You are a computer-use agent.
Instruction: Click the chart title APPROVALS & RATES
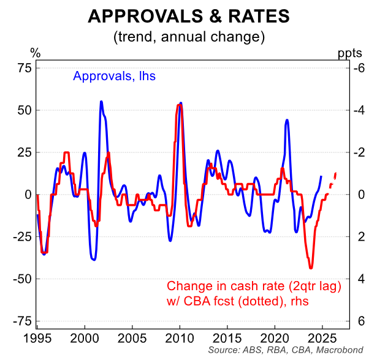pyautogui.click(x=188, y=15)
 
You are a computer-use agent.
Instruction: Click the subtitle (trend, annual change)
pyautogui.click(x=188, y=36)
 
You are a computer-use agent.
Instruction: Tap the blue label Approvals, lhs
pyautogui.click(x=114, y=77)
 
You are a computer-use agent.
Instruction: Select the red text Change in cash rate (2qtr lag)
pyautogui.click(x=253, y=286)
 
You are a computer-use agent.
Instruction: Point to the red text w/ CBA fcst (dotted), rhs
pyautogui.click(x=237, y=301)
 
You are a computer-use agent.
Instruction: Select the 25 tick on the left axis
pyautogui.click(x=23, y=152)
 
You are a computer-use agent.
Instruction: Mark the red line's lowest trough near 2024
pyautogui.click(x=311, y=268)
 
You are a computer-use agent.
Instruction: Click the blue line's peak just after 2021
pyautogui.click(x=287, y=120)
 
